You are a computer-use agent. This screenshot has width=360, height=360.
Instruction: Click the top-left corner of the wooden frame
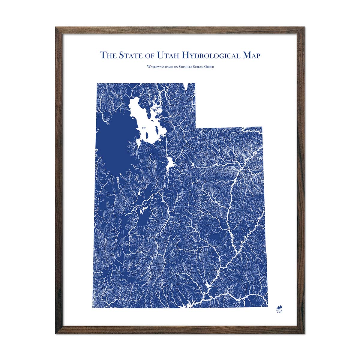[x=56, y=28]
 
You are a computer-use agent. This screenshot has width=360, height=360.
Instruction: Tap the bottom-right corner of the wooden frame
[x=304, y=333]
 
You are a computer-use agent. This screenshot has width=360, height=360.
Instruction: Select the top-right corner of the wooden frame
[x=304, y=28]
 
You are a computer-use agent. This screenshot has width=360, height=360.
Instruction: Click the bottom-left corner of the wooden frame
[x=56, y=333]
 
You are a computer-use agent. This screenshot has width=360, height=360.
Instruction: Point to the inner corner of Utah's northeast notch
[x=196, y=127]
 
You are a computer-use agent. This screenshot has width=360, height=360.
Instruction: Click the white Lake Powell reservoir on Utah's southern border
[x=192, y=305]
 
